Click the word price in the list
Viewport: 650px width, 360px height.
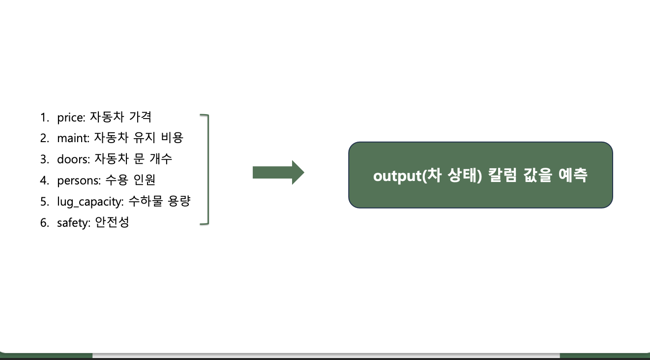pos(70,118)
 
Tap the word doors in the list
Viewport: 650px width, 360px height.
pos(72,159)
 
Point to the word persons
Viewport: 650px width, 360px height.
pos(78,180)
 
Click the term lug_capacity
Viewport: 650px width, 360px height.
pos(90,202)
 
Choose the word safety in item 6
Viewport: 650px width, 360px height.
pos(73,223)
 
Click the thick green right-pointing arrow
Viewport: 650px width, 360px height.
pos(278,173)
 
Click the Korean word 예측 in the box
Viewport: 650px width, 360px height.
pos(573,176)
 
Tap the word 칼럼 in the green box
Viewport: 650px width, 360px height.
pos(501,176)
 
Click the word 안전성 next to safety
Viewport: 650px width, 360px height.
pos(112,223)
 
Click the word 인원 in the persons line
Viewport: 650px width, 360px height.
pos(144,180)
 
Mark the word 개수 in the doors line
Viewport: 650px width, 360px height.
pos(161,159)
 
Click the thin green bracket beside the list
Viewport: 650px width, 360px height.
pos(207,170)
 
